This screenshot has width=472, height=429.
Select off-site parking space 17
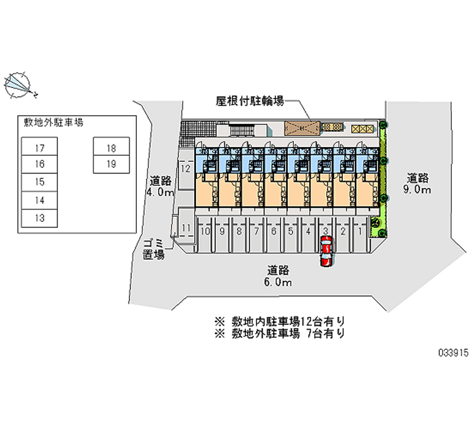tap(40, 147)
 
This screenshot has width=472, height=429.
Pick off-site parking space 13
tap(40, 218)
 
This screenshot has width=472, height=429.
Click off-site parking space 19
tap(110, 164)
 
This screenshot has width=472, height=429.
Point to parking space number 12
tap(185, 169)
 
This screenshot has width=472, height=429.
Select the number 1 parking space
tap(360, 231)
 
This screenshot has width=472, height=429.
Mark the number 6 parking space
tap(274, 231)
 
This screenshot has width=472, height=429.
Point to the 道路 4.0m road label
tap(161, 186)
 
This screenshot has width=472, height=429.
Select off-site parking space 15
tap(40, 182)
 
